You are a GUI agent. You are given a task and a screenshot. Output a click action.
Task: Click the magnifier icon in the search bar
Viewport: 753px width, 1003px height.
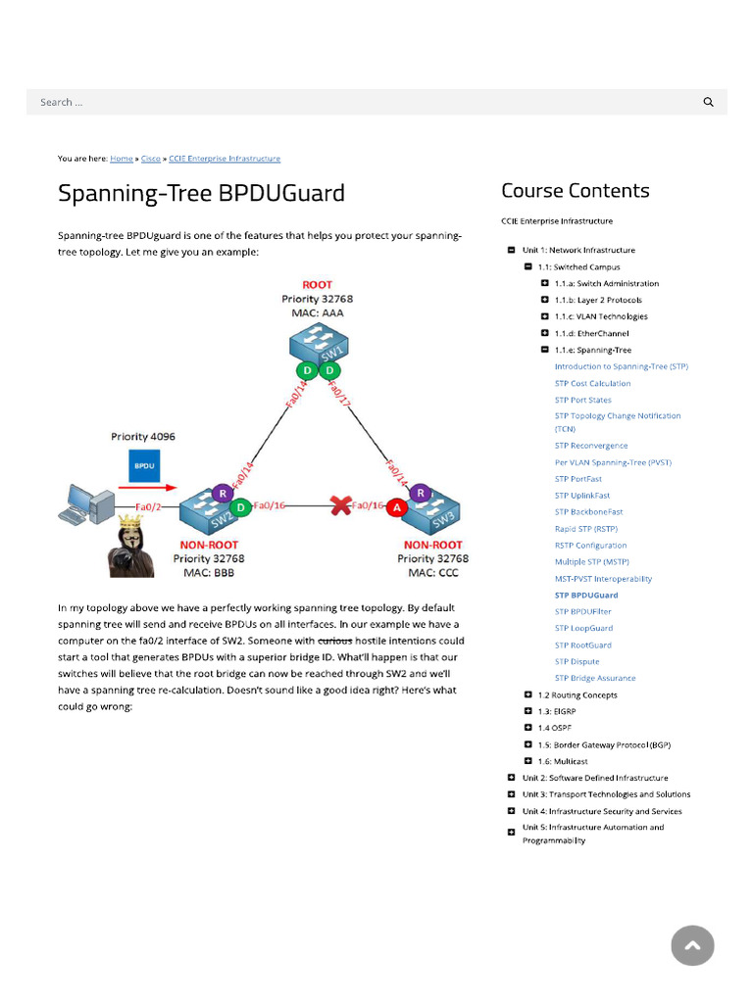pos(708,102)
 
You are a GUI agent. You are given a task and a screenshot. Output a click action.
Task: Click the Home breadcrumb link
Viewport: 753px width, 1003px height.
pos(122,159)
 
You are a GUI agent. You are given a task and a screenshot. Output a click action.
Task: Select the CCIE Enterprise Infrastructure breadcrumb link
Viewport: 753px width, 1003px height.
pos(225,159)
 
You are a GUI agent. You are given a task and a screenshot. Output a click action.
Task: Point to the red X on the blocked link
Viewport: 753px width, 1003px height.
pos(341,505)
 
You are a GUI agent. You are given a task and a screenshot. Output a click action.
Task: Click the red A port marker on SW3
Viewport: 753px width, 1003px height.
pos(396,507)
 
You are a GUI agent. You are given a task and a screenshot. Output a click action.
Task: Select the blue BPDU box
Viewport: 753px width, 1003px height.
pos(144,465)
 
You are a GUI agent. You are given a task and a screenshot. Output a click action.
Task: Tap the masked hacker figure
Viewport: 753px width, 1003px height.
pos(130,545)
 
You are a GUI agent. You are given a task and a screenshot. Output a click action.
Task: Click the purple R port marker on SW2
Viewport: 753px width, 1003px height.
pos(224,493)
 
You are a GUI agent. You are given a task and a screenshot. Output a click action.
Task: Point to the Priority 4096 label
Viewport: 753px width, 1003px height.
pos(143,436)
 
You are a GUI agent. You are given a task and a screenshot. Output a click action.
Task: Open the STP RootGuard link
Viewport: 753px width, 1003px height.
pos(582,645)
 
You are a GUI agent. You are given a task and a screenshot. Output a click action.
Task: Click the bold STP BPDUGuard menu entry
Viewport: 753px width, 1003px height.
pos(586,596)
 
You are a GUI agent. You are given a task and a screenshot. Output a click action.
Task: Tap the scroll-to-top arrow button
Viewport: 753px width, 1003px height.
pos(692,945)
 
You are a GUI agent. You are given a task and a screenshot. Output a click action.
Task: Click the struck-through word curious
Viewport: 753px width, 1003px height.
pos(335,641)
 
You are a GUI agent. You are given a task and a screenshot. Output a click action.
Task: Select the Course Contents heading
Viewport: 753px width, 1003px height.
pos(575,191)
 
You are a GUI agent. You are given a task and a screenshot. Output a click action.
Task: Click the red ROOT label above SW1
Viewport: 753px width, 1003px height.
pos(317,285)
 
